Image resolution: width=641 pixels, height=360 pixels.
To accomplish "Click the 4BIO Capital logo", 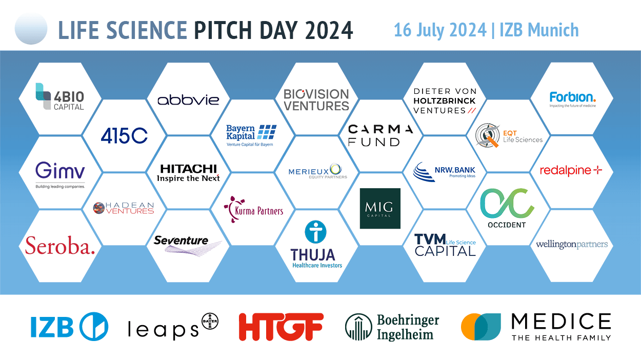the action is click(x=60, y=97).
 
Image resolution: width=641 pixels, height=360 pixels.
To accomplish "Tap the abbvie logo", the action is click(x=188, y=100).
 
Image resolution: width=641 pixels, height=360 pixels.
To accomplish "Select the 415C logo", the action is click(x=124, y=135).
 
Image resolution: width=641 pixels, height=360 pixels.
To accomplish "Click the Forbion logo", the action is click(x=573, y=99).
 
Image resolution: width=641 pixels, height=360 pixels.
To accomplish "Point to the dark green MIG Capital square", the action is click(x=380, y=208).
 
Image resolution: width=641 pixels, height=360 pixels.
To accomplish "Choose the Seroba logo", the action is click(x=60, y=246).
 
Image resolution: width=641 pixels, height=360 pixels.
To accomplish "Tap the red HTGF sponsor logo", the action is click(x=281, y=327).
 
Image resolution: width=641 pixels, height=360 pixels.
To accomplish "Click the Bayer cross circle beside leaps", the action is click(x=210, y=321).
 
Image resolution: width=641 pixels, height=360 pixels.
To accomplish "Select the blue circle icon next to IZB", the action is click(x=94, y=327).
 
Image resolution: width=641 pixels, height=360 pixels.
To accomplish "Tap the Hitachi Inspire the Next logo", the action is click(x=188, y=173).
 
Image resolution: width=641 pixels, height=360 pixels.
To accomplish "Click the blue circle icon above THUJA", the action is click(x=316, y=231).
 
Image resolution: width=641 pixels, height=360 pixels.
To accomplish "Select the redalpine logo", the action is click(x=571, y=171).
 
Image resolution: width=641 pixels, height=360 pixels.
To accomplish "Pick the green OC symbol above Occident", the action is click(x=507, y=204).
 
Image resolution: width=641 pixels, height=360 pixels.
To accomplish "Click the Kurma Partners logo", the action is click(x=253, y=209).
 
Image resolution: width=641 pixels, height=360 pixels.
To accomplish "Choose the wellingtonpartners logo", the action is click(x=572, y=245).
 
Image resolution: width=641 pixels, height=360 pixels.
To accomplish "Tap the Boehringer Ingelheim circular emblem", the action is click(x=358, y=327).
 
